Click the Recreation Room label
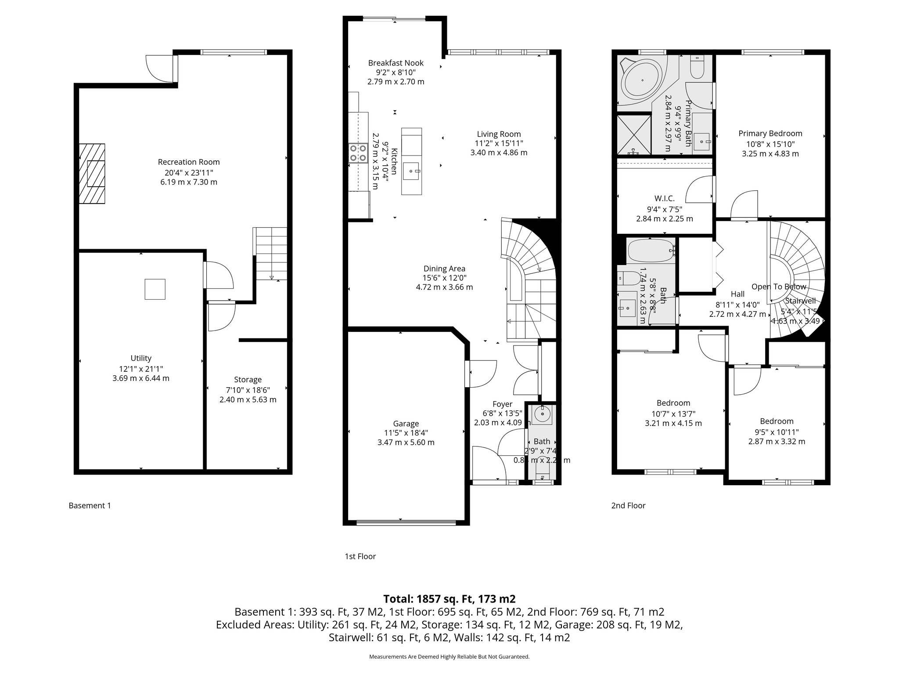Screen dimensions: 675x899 coord(189,162)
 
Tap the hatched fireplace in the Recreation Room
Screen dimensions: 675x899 coord(92,174)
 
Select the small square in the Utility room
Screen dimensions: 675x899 coord(155,289)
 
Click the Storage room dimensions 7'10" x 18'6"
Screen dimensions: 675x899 coord(248,390)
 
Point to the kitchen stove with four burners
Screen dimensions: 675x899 coord(358,153)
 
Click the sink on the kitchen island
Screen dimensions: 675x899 coord(412,171)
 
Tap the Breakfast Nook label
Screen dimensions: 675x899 coord(396,63)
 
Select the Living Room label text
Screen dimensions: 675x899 coord(499,134)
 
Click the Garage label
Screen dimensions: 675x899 coord(406,424)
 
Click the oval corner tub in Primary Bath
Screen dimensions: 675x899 coord(643,81)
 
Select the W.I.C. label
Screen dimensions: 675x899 coord(664,199)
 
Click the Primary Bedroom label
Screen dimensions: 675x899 coord(770,134)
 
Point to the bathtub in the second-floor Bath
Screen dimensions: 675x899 coord(650,251)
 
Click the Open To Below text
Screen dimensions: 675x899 coord(778,287)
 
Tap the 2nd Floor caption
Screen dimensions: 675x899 coord(628,506)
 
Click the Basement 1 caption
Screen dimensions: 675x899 coord(90,506)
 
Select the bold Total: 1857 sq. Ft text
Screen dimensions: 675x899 coord(449,599)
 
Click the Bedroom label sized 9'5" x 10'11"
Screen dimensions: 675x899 coord(777,421)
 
